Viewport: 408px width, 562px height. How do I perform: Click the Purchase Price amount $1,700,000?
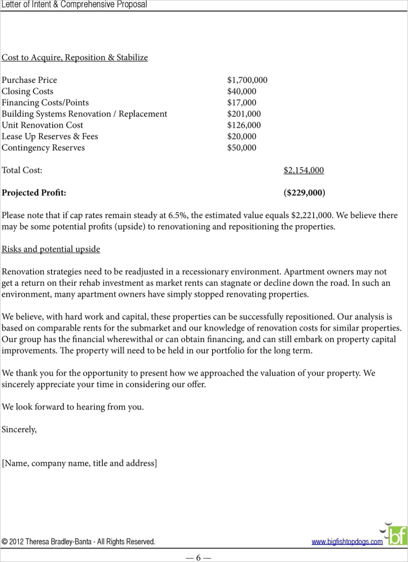pyautogui.click(x=247, y=80)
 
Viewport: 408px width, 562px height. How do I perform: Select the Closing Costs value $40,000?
pyautogui.click(x=242, y=92)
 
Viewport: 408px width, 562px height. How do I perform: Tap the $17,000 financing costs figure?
pyautogui.click(x=242, y=103)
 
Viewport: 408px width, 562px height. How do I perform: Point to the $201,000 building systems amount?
pyautogui.click(x=244, y=114)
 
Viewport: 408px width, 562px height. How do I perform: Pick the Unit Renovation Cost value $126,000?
pyautogui.click(x=244, y=125)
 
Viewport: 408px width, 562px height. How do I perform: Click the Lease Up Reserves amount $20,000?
pyautogui.click(x=242, y=136)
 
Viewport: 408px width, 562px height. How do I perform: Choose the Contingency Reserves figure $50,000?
pyautogui.click(x=242, y=148)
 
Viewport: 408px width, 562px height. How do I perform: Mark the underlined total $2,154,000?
pyautogui.click(x=303, y=170)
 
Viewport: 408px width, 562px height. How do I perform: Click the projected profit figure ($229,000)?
pyautogui.click(x=304, y=193)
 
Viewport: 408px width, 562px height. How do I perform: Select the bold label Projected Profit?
pyautogui.click(x=34, y=193)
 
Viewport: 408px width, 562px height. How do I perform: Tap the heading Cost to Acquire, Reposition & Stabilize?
pyautogui.click(x=75, y=58)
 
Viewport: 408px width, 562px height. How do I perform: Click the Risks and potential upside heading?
pyautogui.click(x=51, y=249)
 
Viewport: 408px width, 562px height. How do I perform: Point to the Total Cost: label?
pyautogui.click(x=22, y=170)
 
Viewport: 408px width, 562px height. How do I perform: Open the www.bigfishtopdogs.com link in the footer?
pyautogui.click(x=347, y=542)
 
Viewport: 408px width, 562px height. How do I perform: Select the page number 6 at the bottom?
pyautogui.click(x=198, y=558)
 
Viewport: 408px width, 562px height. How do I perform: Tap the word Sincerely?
pyautogui.click(x=19, y=430)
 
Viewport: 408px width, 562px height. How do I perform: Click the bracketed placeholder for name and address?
pyautogui.click(x=80, y=463)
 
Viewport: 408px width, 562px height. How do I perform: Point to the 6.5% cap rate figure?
pyautogui.click(x=177, y=216)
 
